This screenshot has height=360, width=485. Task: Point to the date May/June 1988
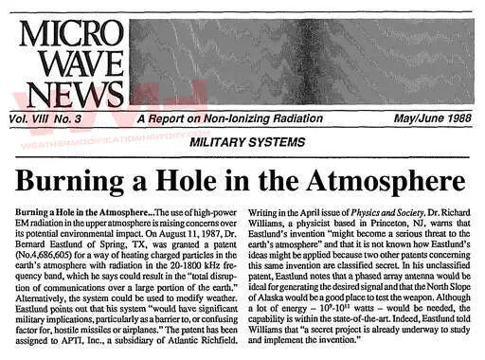point(424,120)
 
